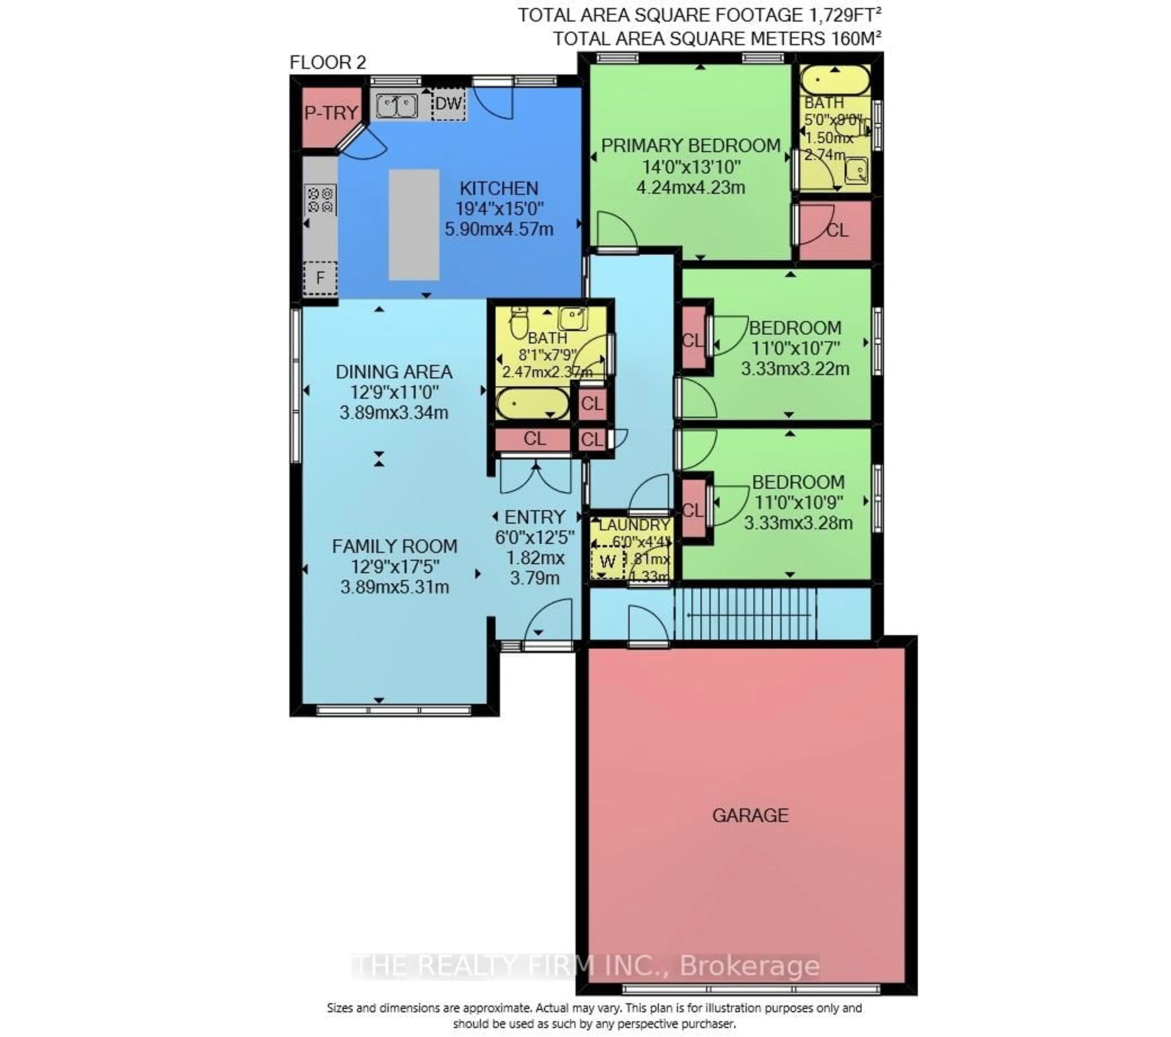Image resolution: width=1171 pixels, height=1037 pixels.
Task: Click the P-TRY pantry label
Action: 331,113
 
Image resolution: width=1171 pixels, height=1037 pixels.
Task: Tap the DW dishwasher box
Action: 448,104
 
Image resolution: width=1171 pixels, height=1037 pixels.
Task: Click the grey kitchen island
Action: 414,225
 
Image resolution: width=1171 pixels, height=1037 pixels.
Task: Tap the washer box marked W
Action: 607,561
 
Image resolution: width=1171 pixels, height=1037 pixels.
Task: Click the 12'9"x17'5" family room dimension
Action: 395,567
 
